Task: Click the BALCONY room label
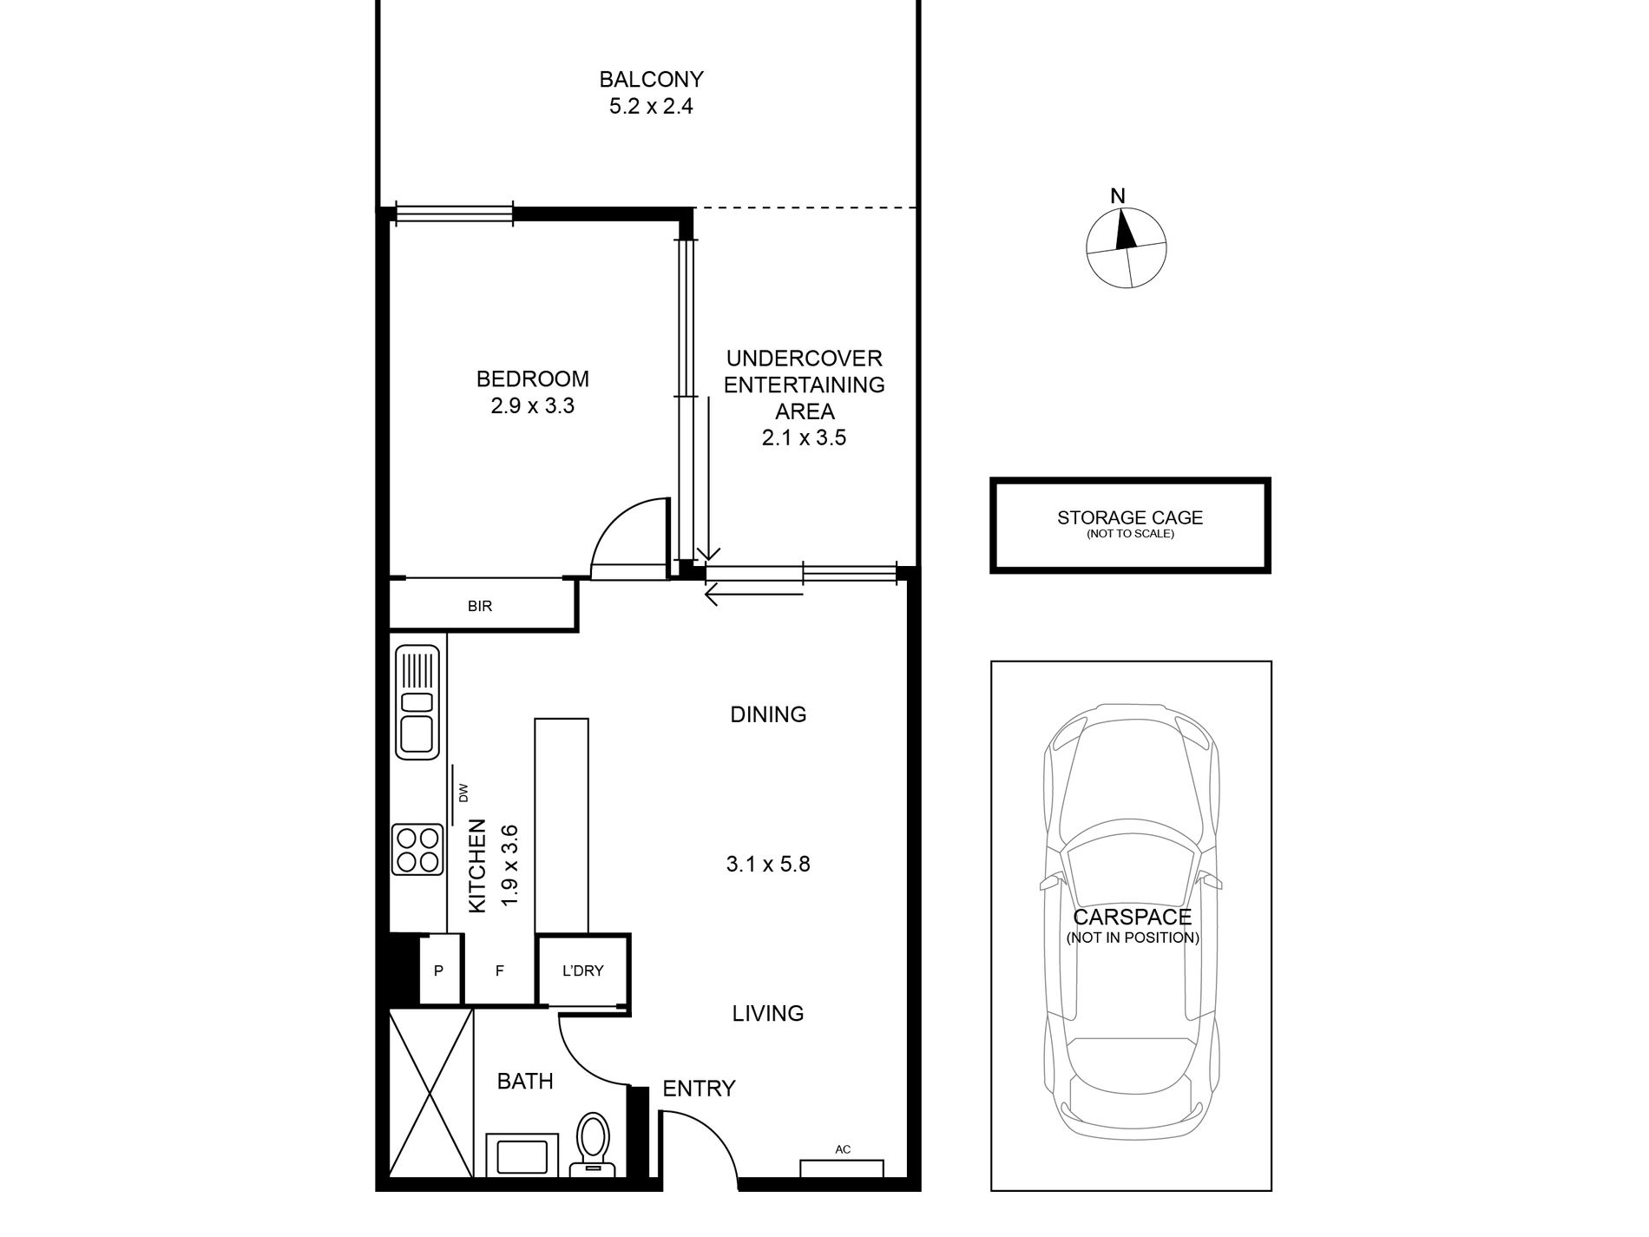[x=651, y=80]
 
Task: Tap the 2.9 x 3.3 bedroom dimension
[x=533, y=405]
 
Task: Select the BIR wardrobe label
[x=480, y=606]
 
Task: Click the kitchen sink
[x=417, y=701]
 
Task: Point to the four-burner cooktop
[x=417, y=849]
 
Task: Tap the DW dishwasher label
[x=463, y=793]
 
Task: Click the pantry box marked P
[x=439, y=971]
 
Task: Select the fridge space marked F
[x=500, y=971]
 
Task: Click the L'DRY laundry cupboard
[x=582, y=971]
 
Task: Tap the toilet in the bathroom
[x=595, y=1144]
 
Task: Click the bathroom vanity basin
[x=522, y=1155]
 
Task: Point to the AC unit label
[x=843, y=1149]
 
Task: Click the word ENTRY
[x=699, y=1089]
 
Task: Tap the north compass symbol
[x=1126, y=247]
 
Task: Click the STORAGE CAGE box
[x=1130, y=525]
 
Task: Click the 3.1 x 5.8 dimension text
[x=768, y=864]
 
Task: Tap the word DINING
[x=768, y=714]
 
